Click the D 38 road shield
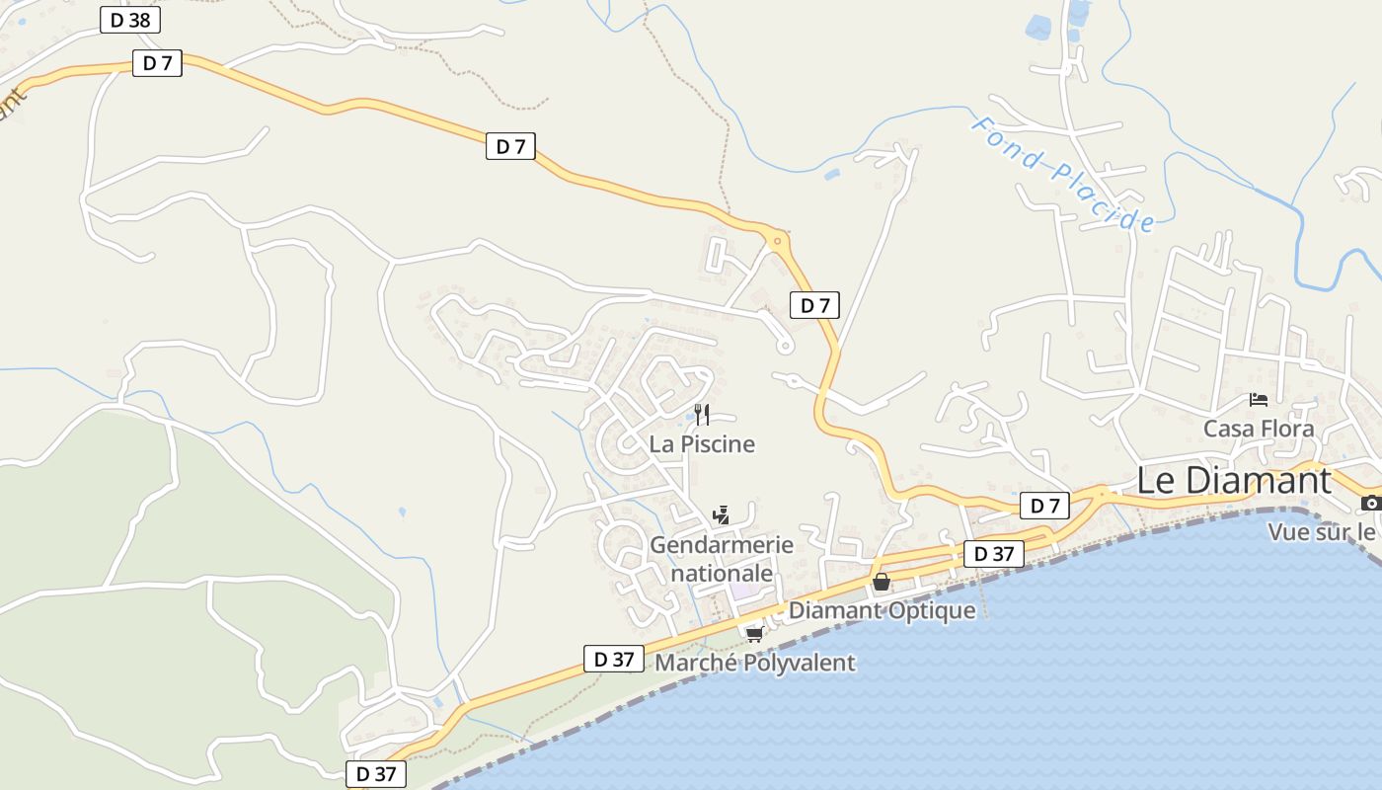(130, 20)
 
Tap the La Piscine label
(702, 444)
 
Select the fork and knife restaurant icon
(702, 414)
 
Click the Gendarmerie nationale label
(722, 559)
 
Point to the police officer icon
(722, 514)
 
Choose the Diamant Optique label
(882, 610)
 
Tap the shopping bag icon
(882, 582)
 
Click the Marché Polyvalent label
(755, 663)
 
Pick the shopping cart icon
(755, 634)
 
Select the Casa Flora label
(1259, 429)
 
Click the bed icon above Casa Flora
(1259, 400)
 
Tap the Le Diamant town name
(1234, 481)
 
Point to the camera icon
(1370, 504)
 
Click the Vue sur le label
(1324, 532)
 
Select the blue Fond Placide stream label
(1062, 174)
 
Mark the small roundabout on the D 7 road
(778, 240)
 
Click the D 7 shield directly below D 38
(157, 63)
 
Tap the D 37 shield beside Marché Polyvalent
(613, 659)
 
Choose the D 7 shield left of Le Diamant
(1044, 507)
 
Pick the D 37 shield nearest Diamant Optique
(994, 554)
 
